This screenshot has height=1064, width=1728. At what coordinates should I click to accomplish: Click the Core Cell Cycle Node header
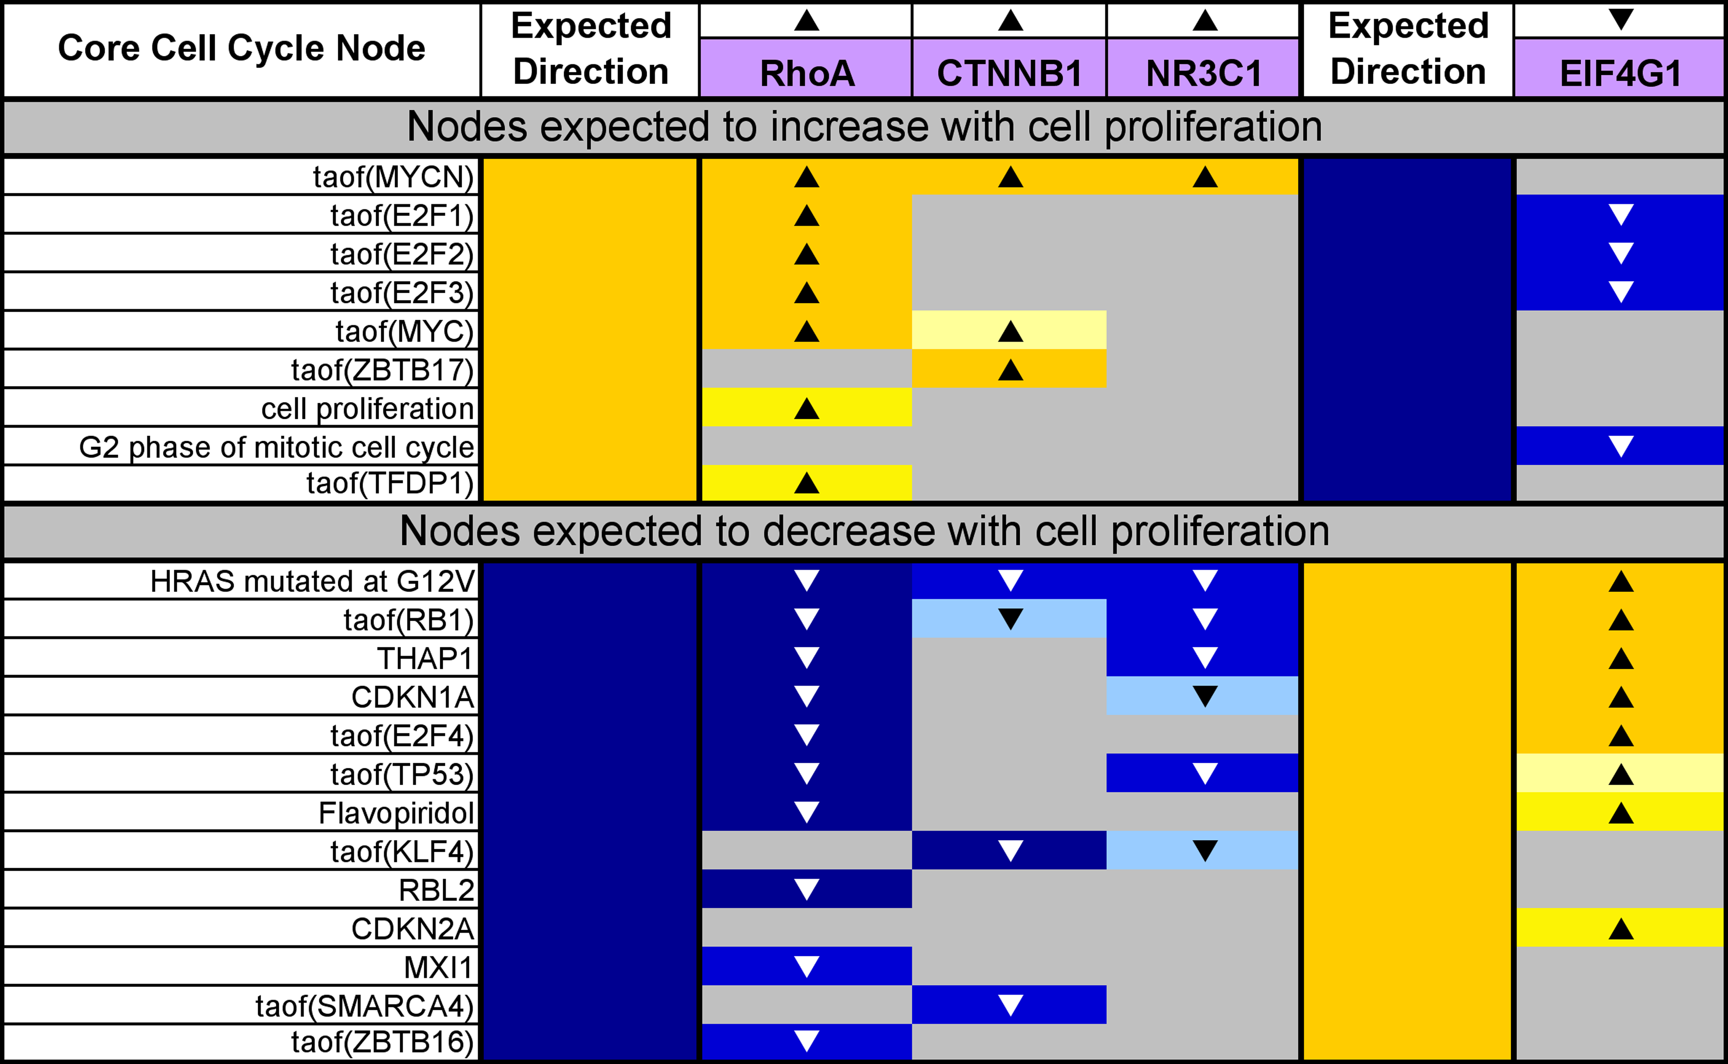click(241, 48)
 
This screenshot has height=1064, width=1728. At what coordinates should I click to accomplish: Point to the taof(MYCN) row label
click(394, 176)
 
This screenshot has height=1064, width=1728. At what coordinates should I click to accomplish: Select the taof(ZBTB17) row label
click(383, 369)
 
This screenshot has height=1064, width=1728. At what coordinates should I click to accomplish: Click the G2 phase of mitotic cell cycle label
click(276, 447)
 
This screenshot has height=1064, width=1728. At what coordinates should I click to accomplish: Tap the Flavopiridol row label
click(397, 813)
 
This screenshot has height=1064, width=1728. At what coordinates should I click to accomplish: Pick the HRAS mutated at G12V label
click(313, 581)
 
